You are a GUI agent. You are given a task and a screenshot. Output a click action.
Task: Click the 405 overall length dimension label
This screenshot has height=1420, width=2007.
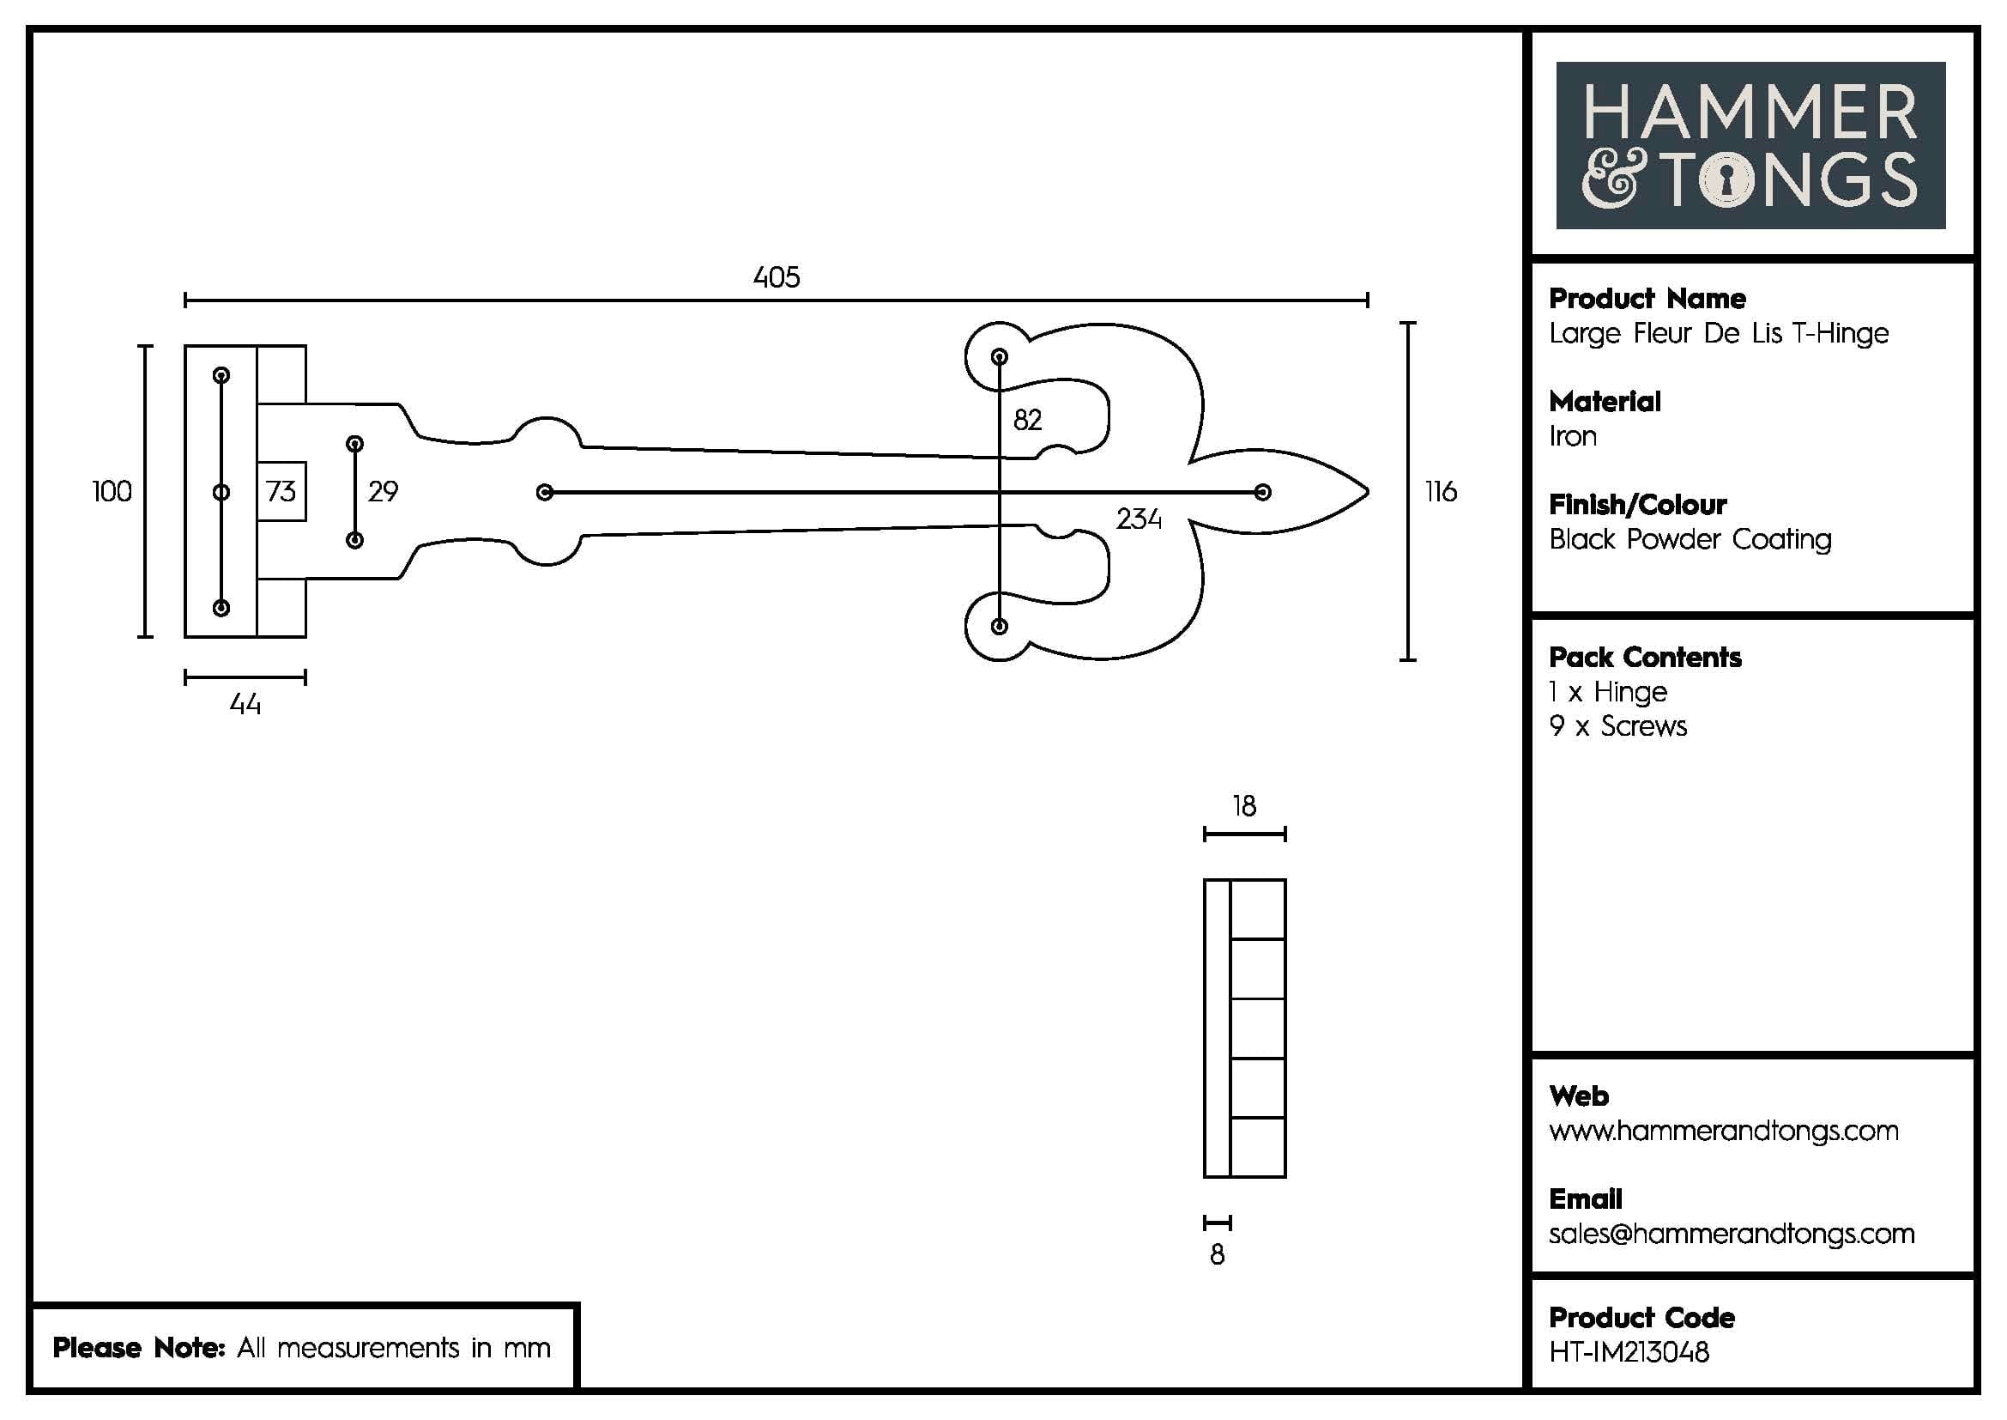(x=777, y=278)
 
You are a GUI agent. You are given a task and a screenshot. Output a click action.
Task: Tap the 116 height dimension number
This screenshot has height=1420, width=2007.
(x=1441, y=492)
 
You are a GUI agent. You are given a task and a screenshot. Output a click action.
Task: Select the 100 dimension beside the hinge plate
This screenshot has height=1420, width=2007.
(x=112, y=492)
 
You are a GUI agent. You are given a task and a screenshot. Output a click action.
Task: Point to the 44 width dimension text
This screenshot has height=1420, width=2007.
(x=245, y=705)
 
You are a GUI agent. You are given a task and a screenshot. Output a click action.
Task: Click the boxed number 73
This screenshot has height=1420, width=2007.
(x=281, y=491)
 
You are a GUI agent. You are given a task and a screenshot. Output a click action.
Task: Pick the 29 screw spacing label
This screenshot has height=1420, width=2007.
(x=383, y=492)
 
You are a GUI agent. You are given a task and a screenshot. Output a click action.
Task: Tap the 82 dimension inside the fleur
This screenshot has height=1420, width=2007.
(x=1027, y=421)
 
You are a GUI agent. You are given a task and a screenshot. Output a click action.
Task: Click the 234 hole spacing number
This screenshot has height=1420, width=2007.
(x=1138, y=519)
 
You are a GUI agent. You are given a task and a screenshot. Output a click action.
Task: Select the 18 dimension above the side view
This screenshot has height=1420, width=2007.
(x=1244, y=806)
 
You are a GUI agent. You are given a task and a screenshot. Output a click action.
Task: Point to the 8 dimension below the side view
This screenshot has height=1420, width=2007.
(x=1217, y=1256)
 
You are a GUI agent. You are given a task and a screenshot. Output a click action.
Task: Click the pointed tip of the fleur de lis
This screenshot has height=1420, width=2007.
(x=1365, y=492)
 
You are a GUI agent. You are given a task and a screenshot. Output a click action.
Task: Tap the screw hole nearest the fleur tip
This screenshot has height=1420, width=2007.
(x=1262, y=492)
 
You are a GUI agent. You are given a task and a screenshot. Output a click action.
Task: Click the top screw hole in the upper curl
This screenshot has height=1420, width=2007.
(x=999, y=357)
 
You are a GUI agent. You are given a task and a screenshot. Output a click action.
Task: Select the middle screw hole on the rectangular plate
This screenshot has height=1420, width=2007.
(x=221, y=492)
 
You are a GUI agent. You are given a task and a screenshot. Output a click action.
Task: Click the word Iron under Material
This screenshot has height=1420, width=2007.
(x=1573, y=436)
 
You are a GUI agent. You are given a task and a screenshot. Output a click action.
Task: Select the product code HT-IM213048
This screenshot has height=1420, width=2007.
(x=1629, y=1353)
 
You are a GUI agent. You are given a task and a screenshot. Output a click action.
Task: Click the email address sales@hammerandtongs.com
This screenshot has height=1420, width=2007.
(x=1731, y=1234)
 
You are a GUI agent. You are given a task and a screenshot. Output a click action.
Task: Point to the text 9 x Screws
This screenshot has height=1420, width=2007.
(x=1617, y=726)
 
